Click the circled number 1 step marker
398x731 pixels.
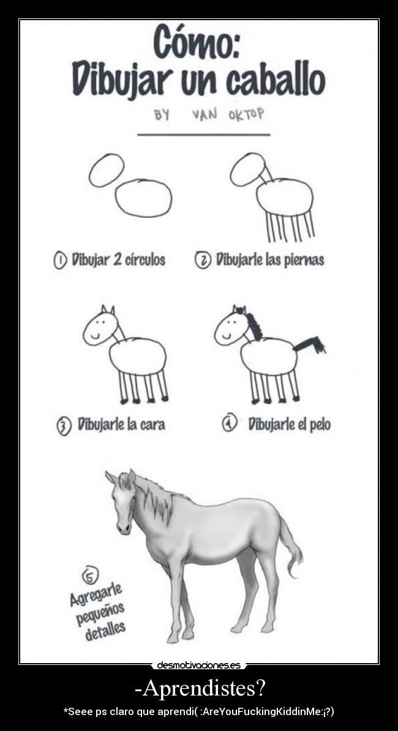[60, 260]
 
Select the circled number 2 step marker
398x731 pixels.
[203, 260]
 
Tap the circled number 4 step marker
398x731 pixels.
[229, 423]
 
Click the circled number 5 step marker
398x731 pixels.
[89, 576]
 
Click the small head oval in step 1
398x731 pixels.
[107, 170]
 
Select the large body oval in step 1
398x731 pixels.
[143, 198]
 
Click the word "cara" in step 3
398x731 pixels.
[152, 424]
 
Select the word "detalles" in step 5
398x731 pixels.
[105, 629]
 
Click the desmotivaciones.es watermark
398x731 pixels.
[198, 665]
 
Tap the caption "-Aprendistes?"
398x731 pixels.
[199, 688]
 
